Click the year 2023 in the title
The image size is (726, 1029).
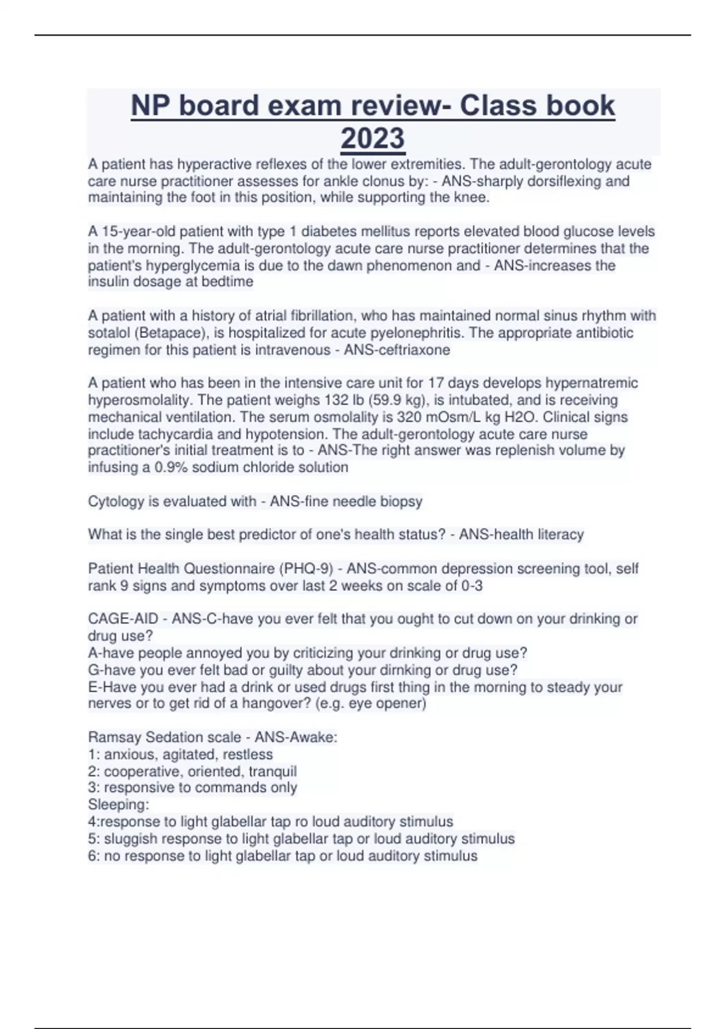pyautogui.click(x=373, y=138)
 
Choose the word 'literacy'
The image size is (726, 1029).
pyautogui.click(x=560, y=534)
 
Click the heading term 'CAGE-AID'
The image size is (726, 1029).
pyautogui.click(x=123, y=619)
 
